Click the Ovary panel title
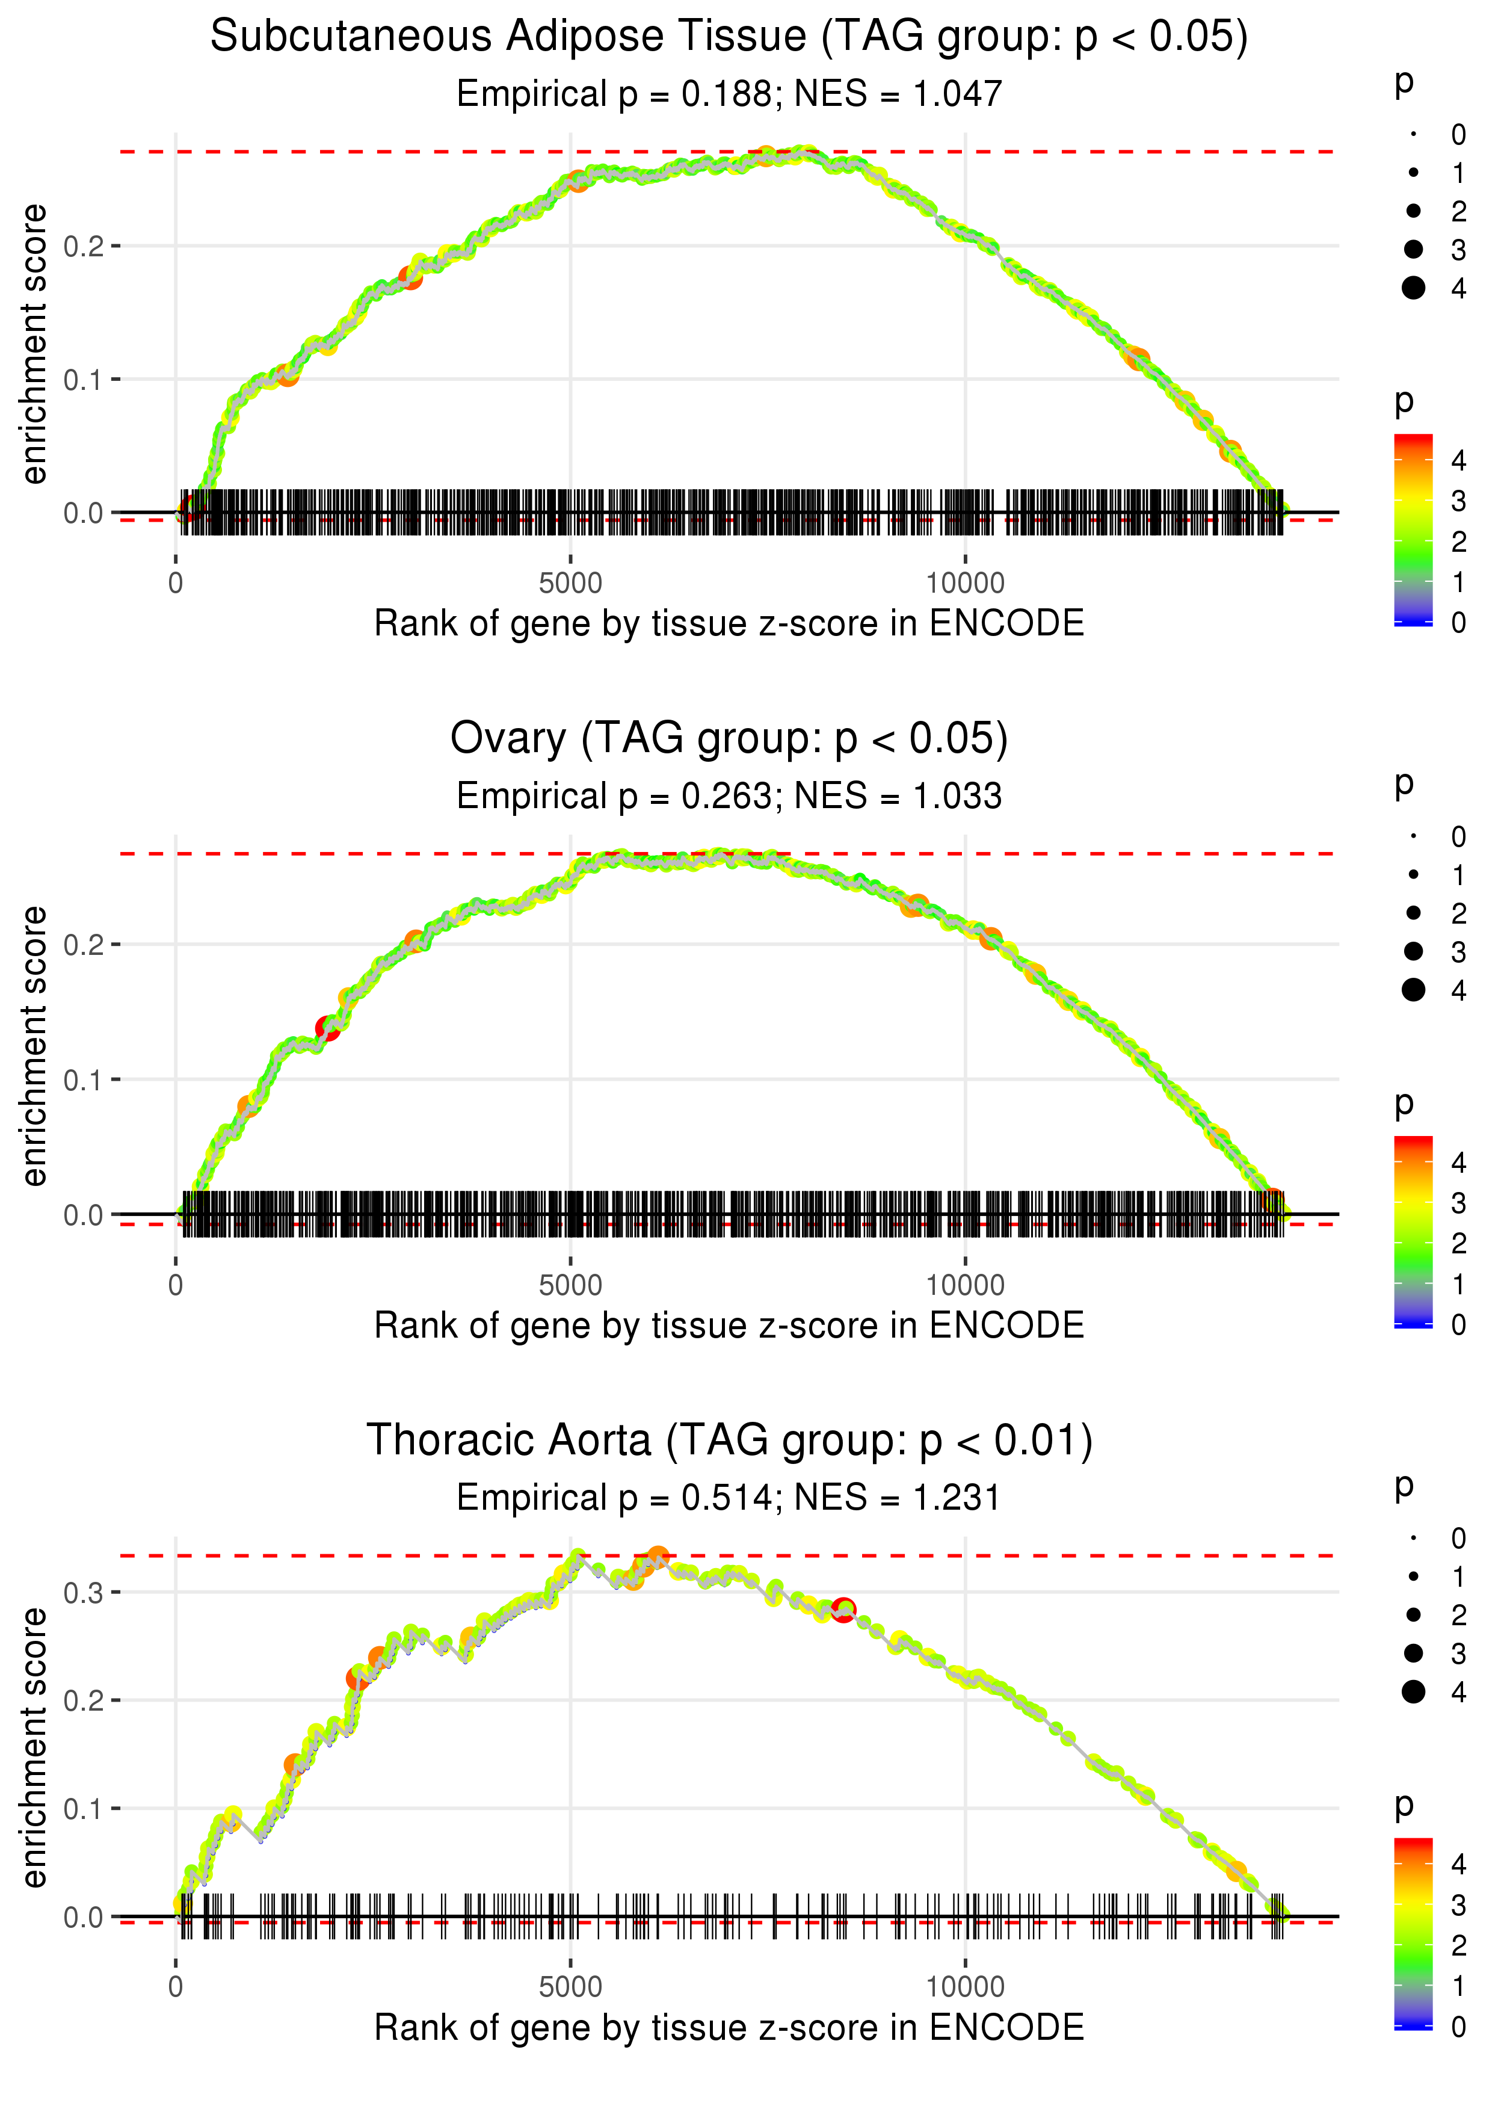pyautogui.click(x=729, y=739)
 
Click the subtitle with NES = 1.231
pyautogui.click(x=729, y=1498)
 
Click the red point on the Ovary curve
pyautogui.click(x=327, y=1028)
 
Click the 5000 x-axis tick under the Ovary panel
pyautogui.click(x=570, y=1285)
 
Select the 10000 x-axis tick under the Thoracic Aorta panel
pyautogui.click(x=965, y=1987)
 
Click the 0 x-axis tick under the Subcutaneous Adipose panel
pyautogui.click(x=176, y=584)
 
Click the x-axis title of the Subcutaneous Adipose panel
pyautogui.click(x=729, y=623)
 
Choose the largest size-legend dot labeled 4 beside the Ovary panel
pyautogui.click(x=1413, y=990)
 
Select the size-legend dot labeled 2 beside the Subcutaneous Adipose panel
pyautogui.click(x=1413, y=211)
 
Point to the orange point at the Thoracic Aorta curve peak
pyautogui.click(x=658, y=1557)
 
